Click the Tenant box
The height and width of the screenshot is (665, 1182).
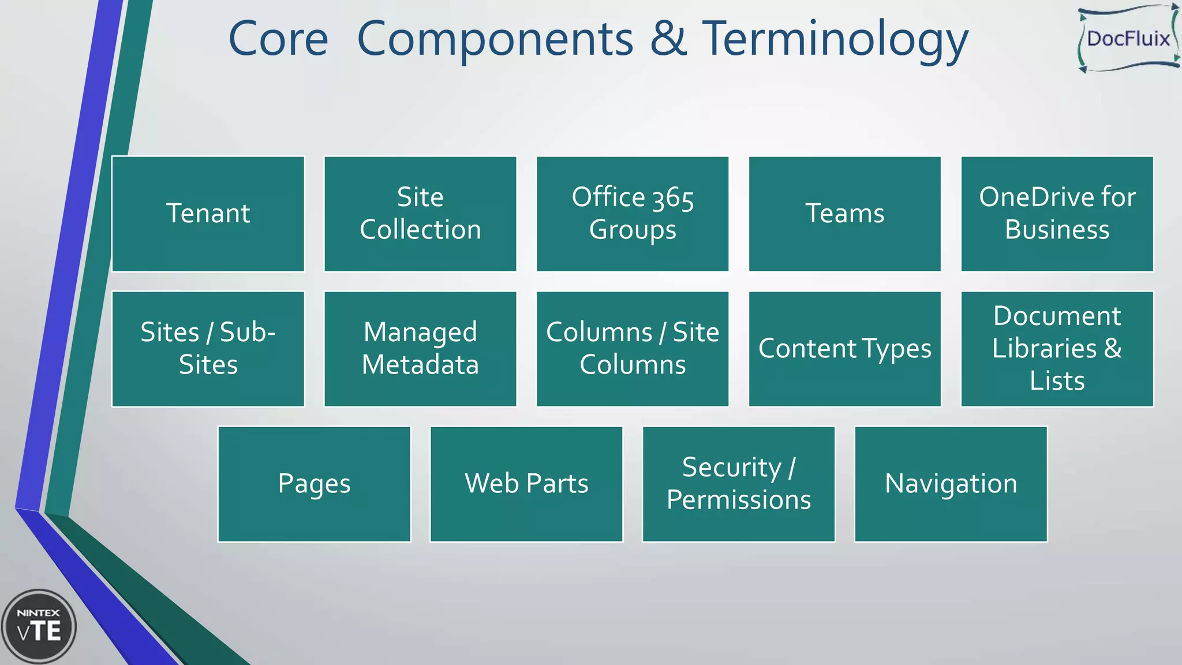(208, 214)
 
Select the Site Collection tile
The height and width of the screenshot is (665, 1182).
(420, 214)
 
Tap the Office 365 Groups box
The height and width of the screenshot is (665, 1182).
(633, 214)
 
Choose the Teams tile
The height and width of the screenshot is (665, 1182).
(845, 214)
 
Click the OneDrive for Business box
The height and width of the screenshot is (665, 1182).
(1057, 214)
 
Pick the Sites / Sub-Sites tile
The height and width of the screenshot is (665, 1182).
(208, 349)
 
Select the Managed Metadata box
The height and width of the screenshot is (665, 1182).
(420, 349)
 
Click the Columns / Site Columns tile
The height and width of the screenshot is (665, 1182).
(633, 349)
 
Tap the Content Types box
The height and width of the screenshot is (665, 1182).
(845, 349)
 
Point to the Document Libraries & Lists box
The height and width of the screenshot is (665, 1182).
(1057, 349)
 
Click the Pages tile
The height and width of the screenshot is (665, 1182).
(314, 484)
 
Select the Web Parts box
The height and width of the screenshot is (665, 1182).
(526, 484)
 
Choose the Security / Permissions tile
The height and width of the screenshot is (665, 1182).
(739, 484)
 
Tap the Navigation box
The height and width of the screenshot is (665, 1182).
(951, 484)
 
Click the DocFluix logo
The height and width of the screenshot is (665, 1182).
(1128, 39)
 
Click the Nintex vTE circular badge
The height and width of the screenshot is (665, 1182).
(39, 626)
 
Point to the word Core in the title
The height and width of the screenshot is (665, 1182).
(278, 39)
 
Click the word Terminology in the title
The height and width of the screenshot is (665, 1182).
(835, 39)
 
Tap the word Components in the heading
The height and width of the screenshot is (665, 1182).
(495, 39)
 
